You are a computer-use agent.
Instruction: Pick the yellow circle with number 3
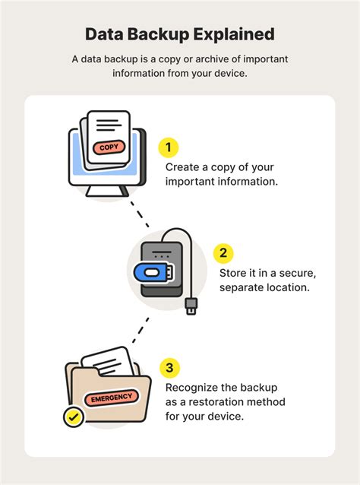tap(168, 369)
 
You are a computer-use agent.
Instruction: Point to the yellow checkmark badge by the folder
tap(73, 417)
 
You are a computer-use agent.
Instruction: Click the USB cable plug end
tap(192, 306)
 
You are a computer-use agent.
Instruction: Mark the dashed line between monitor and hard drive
tap(141, 217)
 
